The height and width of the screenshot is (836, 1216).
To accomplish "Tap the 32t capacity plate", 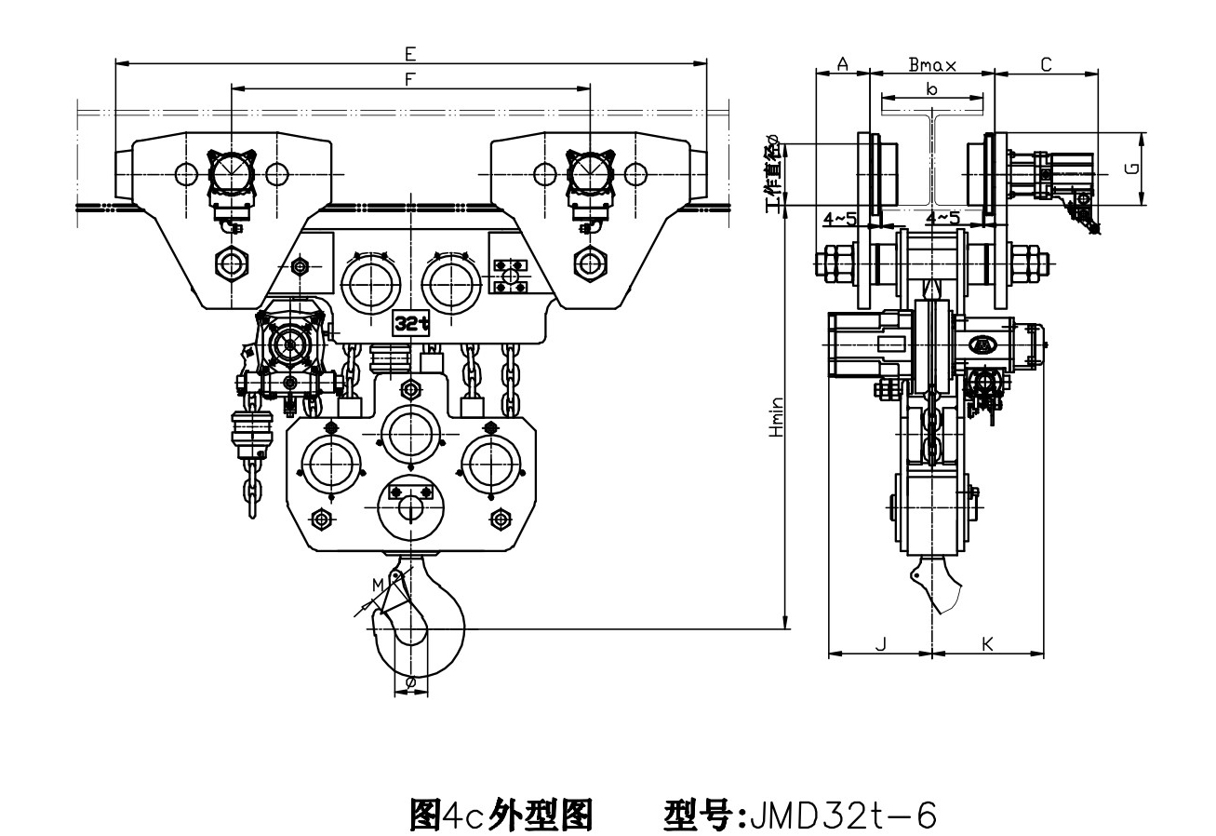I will pos(411,322).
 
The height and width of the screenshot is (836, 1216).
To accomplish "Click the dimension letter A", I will pos(841,63).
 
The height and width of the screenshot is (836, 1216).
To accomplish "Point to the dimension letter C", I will pos(1046,63).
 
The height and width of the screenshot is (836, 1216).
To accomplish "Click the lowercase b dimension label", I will pos(932,88).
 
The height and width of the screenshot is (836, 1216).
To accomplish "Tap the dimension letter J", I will pos(881,642).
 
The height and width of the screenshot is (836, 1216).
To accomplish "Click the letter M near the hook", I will pos(377,585).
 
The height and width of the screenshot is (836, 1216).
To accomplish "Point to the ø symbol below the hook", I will pos(410,682).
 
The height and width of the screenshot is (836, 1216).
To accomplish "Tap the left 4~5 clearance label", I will pos(840,217).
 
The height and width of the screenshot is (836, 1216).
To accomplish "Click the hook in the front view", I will pos(423,624).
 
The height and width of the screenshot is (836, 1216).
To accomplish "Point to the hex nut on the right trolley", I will pos(588,263).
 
